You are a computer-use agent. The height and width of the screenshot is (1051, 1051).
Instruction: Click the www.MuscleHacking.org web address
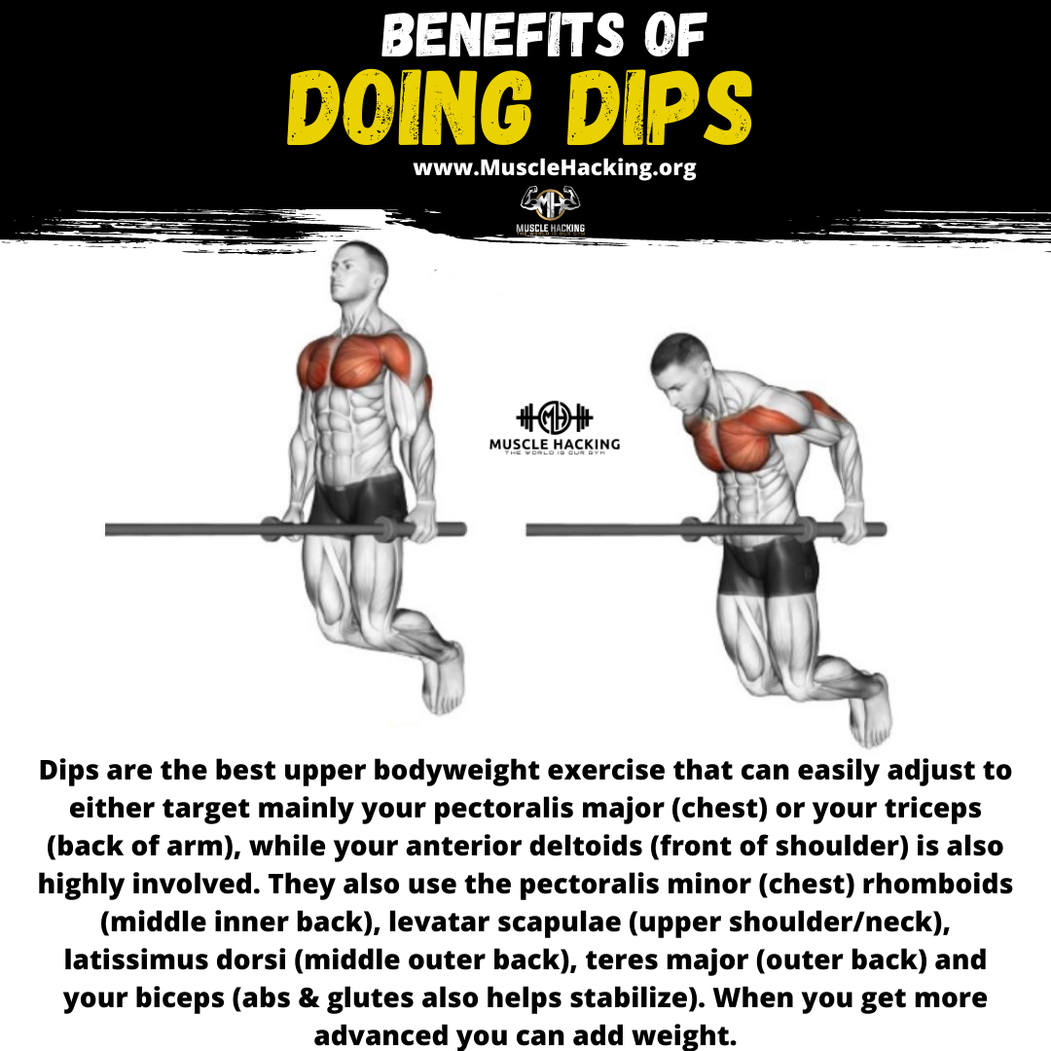(555, 168)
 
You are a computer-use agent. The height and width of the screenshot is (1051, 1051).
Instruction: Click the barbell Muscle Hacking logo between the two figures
(555, 425)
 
